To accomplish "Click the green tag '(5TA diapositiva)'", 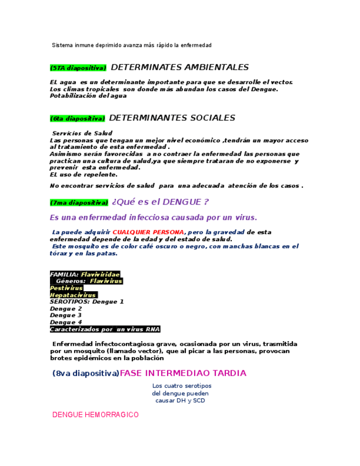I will point(77,68).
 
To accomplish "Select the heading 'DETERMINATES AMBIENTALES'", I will point(180,68).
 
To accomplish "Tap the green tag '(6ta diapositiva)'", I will point(77,119).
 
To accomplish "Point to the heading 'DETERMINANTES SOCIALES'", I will point(172,118).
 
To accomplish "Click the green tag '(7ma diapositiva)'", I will point(79,203).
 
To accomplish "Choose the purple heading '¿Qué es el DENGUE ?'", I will point(160,202).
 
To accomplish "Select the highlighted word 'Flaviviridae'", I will point(100,274).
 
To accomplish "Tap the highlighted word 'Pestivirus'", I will point(67,288).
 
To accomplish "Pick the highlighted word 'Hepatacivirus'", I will point(73,295).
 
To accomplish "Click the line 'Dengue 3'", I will point(66,315).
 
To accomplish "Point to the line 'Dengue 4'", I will point(66,322).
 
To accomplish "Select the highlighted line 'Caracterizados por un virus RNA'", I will point(104,329).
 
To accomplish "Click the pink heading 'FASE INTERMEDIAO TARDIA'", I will point(183,373).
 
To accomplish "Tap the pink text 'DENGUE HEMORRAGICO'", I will point(95,415).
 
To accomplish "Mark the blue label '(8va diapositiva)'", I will point(86,374).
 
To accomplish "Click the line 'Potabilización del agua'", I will point(88,96).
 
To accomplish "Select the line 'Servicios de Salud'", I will point(82,134).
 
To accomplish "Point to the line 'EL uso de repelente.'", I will point(84,175).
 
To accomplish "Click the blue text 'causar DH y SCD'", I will point(180,401).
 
